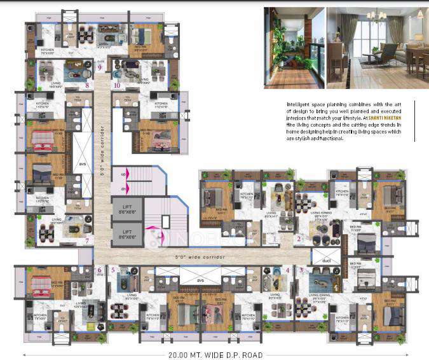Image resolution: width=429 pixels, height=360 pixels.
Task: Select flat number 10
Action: (x=117, y=85)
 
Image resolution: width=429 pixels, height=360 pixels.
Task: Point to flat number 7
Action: (x=87, y=240)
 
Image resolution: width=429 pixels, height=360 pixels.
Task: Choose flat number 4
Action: (x=288, y=270)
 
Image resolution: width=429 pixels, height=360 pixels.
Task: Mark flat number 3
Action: (x=301, y=270)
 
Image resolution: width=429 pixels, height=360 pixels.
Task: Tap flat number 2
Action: (x=299, y=239)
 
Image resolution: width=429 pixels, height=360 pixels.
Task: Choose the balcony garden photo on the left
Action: (x=293, y=48)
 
